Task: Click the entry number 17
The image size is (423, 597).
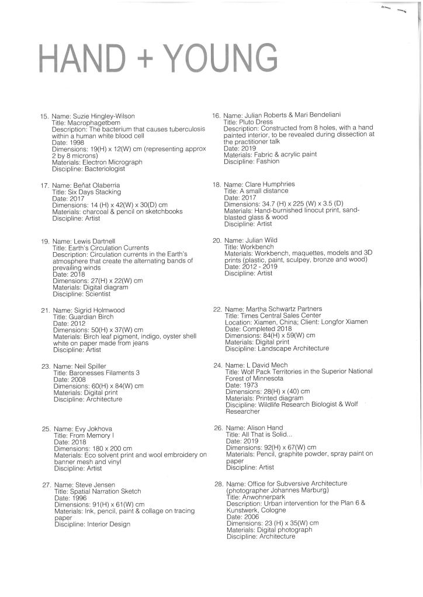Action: point(44,186)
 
